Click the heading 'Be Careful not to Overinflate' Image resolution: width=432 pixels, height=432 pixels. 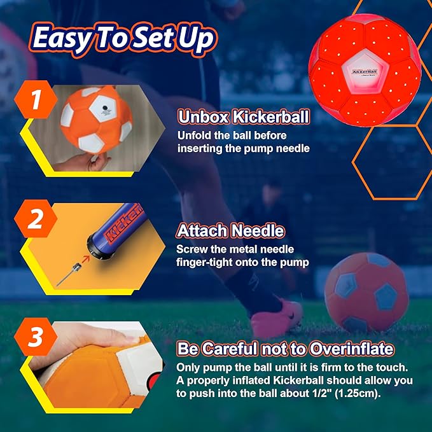(x=285, y=349)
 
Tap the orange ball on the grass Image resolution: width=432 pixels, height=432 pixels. (x=365, y=291)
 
